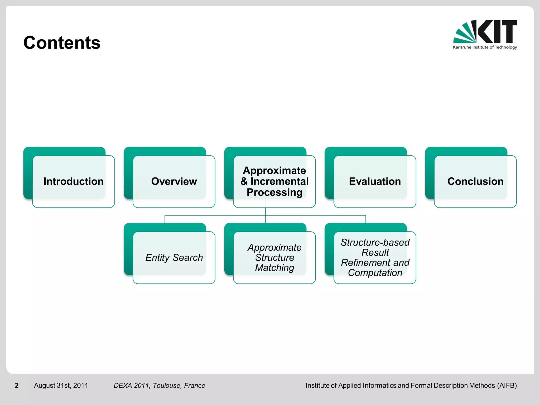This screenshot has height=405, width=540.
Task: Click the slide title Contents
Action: pyautogui.click(x=62, y=43)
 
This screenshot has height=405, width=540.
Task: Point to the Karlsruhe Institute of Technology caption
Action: pyautogui.click(x=485, y=47)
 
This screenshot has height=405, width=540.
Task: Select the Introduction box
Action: pyautogui.click(x=73, y=181)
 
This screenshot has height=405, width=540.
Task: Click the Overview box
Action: pyautogui.click(x=174, y=181)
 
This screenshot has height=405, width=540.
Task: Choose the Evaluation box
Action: pyautogui.click(x=375, y=181)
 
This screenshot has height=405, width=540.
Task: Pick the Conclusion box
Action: pyautogui.click(x=475, y=181)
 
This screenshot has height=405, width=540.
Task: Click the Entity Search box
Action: pyautogui.click(x=174, y=258)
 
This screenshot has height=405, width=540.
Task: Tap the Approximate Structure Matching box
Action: pyautogui.click(x=274, y=258)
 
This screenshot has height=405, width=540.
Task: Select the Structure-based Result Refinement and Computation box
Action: pyautogui.click(x=375, y=258)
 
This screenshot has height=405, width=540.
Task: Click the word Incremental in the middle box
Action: pyautogui.click(x=279, y=181)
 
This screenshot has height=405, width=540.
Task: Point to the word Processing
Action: pyautogui.click(x=274, y=192)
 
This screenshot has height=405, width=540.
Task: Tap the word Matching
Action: pyautogui.click(x=274, y=268)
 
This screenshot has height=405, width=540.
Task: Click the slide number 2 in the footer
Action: pyautogui.click(x=17, y=385)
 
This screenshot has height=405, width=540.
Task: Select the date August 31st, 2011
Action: pyautogui.click(x=61, y=385)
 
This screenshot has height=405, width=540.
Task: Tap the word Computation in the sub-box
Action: pyautogui.click(x=375, y=273)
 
